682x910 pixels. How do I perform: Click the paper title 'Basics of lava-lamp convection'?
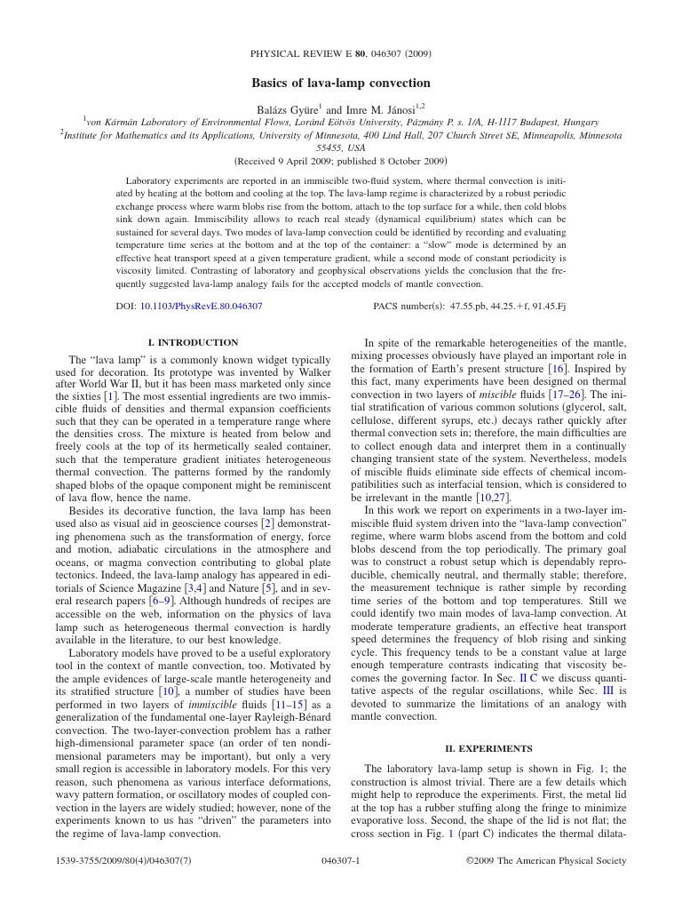(x=341, y=83)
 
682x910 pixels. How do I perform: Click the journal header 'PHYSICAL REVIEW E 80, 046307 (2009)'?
(x=341, y=53)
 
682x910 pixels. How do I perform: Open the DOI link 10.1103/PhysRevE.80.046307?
(x=201, y=306)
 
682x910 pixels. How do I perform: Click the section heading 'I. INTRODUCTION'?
(x=193, y=342)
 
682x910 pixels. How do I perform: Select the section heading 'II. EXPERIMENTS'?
(x=488, y=748)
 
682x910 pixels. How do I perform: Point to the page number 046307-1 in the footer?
(x=341, y=860)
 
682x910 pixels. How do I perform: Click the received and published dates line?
(x=341, y=162)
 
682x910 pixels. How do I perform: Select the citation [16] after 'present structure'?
(x=559, y=368)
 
